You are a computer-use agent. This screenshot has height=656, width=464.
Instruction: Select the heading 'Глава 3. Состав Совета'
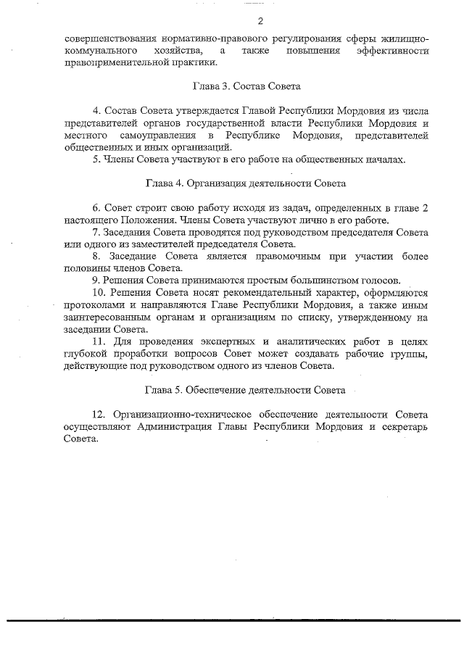pos(246,86)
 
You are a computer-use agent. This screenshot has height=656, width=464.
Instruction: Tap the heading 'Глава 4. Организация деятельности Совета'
pos(245,183)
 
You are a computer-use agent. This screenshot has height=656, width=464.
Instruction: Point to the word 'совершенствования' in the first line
pos(106,37)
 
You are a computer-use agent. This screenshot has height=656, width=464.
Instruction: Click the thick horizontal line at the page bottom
pos(232,620)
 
